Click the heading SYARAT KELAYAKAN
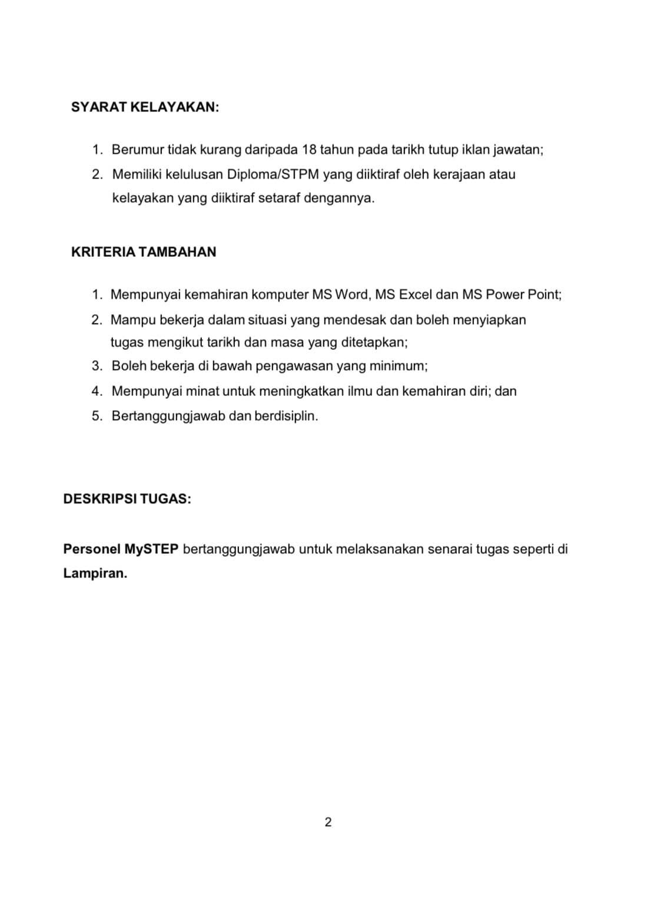[144, 107]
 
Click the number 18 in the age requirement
[309, 150]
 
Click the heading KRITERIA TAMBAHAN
[143, 252]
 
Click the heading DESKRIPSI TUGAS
[127, 499]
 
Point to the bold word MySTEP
[151, 549]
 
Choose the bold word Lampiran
[95, 574]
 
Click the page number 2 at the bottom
[328, 822]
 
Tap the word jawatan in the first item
[517, 150]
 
